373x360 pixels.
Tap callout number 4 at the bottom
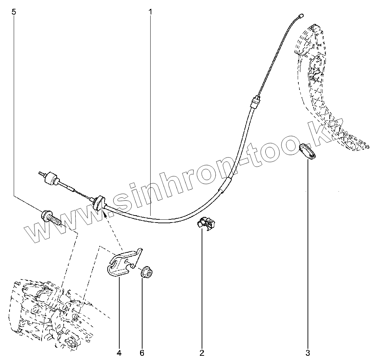tap(119, 353)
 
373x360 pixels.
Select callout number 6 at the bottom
tap(142, 353)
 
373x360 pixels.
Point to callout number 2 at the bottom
tap(202, 353)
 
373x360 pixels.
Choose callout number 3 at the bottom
tap(308, 353)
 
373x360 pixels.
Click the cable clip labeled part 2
tap(206, 223)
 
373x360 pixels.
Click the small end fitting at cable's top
tap(301, 16)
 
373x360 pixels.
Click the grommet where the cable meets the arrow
tap(99, 202)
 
